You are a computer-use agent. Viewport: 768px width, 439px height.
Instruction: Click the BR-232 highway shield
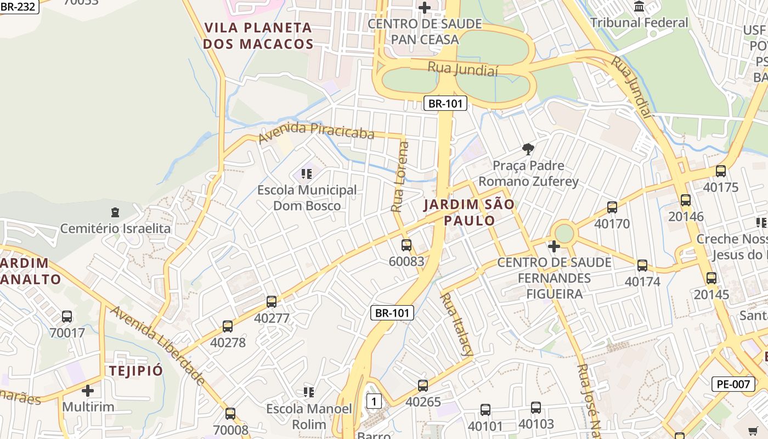coord(18,7)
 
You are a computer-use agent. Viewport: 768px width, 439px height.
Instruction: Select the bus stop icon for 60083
coord(406,245)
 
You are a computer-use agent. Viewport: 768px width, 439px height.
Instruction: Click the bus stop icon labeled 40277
coord(272,301)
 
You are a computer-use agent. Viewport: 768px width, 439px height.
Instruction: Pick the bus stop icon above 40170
coord(612,207)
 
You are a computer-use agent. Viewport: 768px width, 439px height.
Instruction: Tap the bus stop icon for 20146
coord(685,200)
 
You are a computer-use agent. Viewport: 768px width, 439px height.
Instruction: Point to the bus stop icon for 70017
coord(67,317)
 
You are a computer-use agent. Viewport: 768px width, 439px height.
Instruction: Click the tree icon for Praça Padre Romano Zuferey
coord(528,149)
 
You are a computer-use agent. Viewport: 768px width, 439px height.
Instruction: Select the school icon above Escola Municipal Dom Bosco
coord(307,174)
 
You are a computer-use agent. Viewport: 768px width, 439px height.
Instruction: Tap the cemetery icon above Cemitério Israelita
coord(115,212)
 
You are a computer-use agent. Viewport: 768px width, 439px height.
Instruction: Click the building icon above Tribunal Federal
coord(639,7)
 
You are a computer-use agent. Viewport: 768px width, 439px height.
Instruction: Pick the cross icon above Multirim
coord(88,391)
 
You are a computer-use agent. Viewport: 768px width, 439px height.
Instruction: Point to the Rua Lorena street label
coord(400,177)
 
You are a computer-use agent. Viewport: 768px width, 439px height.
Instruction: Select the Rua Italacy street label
coord(456,325)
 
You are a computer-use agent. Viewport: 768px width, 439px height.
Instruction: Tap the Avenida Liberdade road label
coord(158,346)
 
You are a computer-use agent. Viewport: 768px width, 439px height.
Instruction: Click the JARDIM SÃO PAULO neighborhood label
coord(469,212)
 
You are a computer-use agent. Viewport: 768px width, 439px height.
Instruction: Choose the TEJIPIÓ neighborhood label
coord(136,370)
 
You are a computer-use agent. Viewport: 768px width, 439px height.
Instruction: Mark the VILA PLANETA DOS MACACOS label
coord(258,36)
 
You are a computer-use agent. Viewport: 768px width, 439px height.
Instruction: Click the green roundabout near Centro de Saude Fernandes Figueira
coord(563,233)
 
